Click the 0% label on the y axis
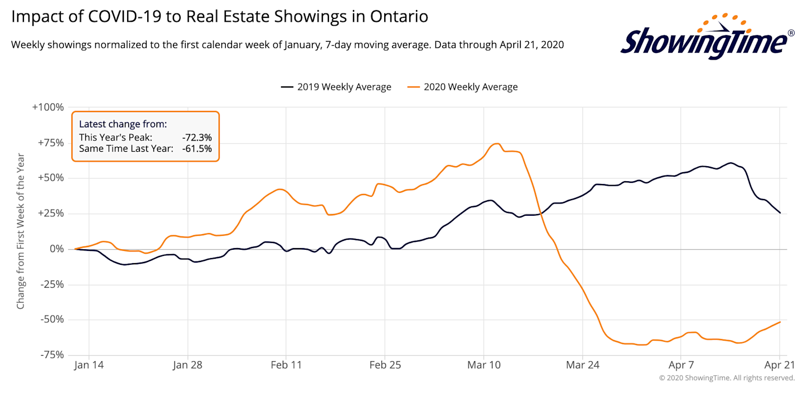click(57, 249)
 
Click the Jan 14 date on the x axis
click(89, 365)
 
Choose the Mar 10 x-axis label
click(483, 365)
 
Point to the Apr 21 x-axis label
click(779, 365)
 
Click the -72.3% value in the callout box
click(196, 137)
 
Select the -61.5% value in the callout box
click(196, 149)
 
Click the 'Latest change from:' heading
click(123, 124)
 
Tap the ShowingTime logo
click(707, 38)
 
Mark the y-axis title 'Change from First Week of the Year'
click(21, 231)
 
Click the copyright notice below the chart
click(727, 378)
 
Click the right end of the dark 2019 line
click(780, 213)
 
